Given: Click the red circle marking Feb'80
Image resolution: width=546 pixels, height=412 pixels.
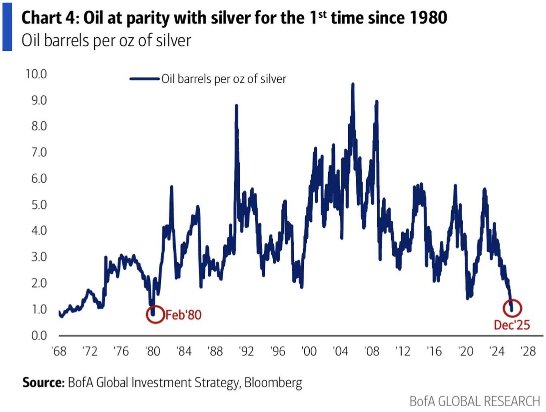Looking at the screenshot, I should click(x=155, y=314).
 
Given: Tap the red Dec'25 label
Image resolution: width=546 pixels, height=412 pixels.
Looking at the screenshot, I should click(x=512, y=325).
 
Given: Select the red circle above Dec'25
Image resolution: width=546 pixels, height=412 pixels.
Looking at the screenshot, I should click(x=512, y=308).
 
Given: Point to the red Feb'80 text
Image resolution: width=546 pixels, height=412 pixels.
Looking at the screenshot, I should click(x=183, y=315).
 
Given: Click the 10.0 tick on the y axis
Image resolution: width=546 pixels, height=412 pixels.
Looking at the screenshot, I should click(x=36, y=74).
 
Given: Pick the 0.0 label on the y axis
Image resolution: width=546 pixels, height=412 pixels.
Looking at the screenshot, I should click(x=39, y=336).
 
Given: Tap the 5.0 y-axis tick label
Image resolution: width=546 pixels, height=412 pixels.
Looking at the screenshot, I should click(x=39, y=205).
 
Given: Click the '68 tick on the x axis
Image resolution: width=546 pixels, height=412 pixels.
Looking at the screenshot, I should click(x=59, y=351).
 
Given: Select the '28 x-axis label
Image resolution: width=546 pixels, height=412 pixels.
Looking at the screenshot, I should click(x=528, y=351).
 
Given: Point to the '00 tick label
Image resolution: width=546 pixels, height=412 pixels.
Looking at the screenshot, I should click(x=309, y=351).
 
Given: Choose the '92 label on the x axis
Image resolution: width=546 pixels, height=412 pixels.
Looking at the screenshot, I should click(x=246, y=351).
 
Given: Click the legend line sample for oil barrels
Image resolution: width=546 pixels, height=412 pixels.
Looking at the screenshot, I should click(x=144, y=79).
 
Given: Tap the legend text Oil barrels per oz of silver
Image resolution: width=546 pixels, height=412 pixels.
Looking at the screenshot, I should click(x=224, y=79).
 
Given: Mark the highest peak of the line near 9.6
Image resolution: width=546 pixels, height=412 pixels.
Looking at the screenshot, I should click(x=353, y=84).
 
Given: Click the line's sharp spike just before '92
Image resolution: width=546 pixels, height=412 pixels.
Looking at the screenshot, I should click(x=236, y=106).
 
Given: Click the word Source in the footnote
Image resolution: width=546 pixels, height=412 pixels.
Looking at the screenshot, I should click(x=44, y=383).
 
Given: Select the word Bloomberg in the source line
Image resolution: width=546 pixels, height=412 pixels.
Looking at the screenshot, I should click(x=273, y=383).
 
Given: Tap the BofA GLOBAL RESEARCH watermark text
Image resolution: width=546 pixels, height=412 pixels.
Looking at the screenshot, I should click(x=475, y=401).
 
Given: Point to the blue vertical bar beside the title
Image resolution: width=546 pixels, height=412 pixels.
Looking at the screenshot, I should click(x=7, y=27).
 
